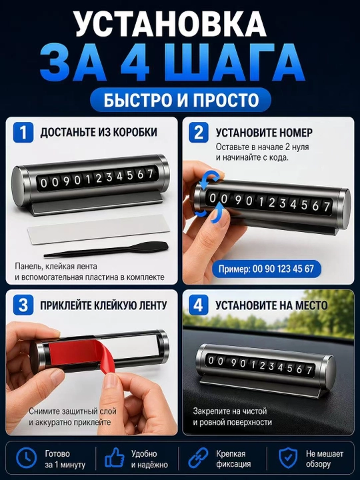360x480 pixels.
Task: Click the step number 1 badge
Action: pos(23,133)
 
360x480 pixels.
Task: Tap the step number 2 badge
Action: pos(199,133)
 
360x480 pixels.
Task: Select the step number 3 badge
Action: pos(23,305)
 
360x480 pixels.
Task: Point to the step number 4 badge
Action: pos(199,305)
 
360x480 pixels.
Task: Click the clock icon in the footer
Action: pos(27,458)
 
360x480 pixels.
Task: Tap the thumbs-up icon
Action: pos(115,458)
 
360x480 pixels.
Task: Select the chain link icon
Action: pos(198,458)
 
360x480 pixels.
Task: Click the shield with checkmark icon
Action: pos(288,458)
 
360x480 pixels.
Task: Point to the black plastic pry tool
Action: pos(106,250)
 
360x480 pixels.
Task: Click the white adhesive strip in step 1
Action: pos(99,229)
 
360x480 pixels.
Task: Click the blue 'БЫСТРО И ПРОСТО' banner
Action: pos(181,100)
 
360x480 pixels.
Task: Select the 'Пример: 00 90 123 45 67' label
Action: pos(266,269)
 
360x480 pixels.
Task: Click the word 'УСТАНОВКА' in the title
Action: pos(171,24)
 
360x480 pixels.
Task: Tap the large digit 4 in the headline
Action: pos(135,63)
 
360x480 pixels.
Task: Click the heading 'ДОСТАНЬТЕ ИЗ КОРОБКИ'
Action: pos(99,132)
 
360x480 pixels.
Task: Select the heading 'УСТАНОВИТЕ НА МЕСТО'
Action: pos(271,305)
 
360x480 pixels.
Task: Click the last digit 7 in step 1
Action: pos(150,173)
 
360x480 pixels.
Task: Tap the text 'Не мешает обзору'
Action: pos(325,459)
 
